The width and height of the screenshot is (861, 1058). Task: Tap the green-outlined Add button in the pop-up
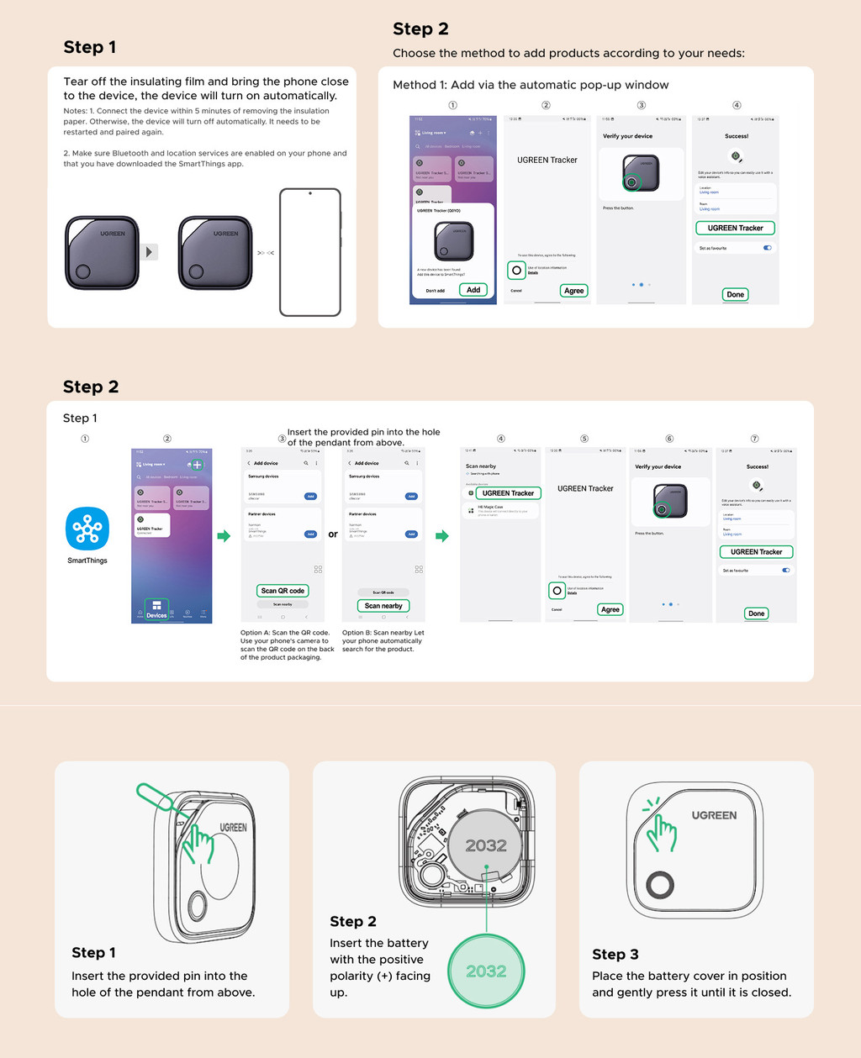point(473,290)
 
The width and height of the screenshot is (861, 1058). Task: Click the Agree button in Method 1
point(573,291)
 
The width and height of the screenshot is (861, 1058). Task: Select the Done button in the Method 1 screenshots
point(735,295)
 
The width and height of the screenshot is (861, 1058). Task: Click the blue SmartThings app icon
point(87,529)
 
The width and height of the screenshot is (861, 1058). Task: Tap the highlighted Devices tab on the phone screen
point(156,609)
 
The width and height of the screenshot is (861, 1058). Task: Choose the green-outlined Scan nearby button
point(383,606)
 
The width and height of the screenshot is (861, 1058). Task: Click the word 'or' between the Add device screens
point(333,534)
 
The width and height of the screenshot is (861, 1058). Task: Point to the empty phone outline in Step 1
point(310,252)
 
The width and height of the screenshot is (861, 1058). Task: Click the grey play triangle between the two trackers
point(149,252)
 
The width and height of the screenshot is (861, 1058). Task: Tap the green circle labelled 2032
point(486,971)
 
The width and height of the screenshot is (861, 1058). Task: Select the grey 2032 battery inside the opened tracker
point(486,846)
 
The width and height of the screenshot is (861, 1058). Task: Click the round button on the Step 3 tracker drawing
point(660,885)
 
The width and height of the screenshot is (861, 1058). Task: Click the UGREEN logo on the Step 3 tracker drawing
point(714,815)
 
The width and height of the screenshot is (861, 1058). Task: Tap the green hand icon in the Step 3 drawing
point(661,831)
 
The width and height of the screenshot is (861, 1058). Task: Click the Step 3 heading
point(615,954)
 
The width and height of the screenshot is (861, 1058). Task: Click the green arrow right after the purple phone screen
point(224,536)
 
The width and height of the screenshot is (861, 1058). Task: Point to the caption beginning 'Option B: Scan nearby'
point(383,641)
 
